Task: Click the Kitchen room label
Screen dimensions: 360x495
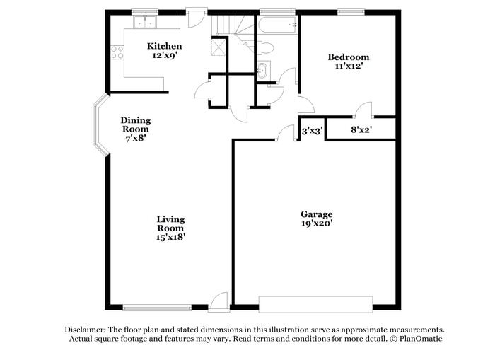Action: (164, 47)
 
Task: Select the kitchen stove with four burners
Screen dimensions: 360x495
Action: (117, 52)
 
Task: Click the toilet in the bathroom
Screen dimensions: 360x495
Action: (264, 48)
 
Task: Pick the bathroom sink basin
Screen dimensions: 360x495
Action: (262, 69)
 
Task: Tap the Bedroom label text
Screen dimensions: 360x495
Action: (347, 57)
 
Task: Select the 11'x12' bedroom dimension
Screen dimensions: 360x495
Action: (347, 66)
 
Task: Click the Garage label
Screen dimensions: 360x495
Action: (316, 214)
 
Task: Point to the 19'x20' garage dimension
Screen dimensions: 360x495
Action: (316, 223)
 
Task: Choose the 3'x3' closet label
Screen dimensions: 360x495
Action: (313, 131)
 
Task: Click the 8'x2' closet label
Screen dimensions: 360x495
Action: (361, 130)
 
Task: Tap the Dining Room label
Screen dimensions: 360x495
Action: (135, 125)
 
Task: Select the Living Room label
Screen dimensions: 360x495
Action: (170, 223)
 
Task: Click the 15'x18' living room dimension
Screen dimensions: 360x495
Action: (170, 237)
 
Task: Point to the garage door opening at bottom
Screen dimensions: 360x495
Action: (315, 305)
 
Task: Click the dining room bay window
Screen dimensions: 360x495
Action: (98, 129)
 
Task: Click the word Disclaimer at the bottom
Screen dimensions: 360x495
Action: (85, 330)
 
